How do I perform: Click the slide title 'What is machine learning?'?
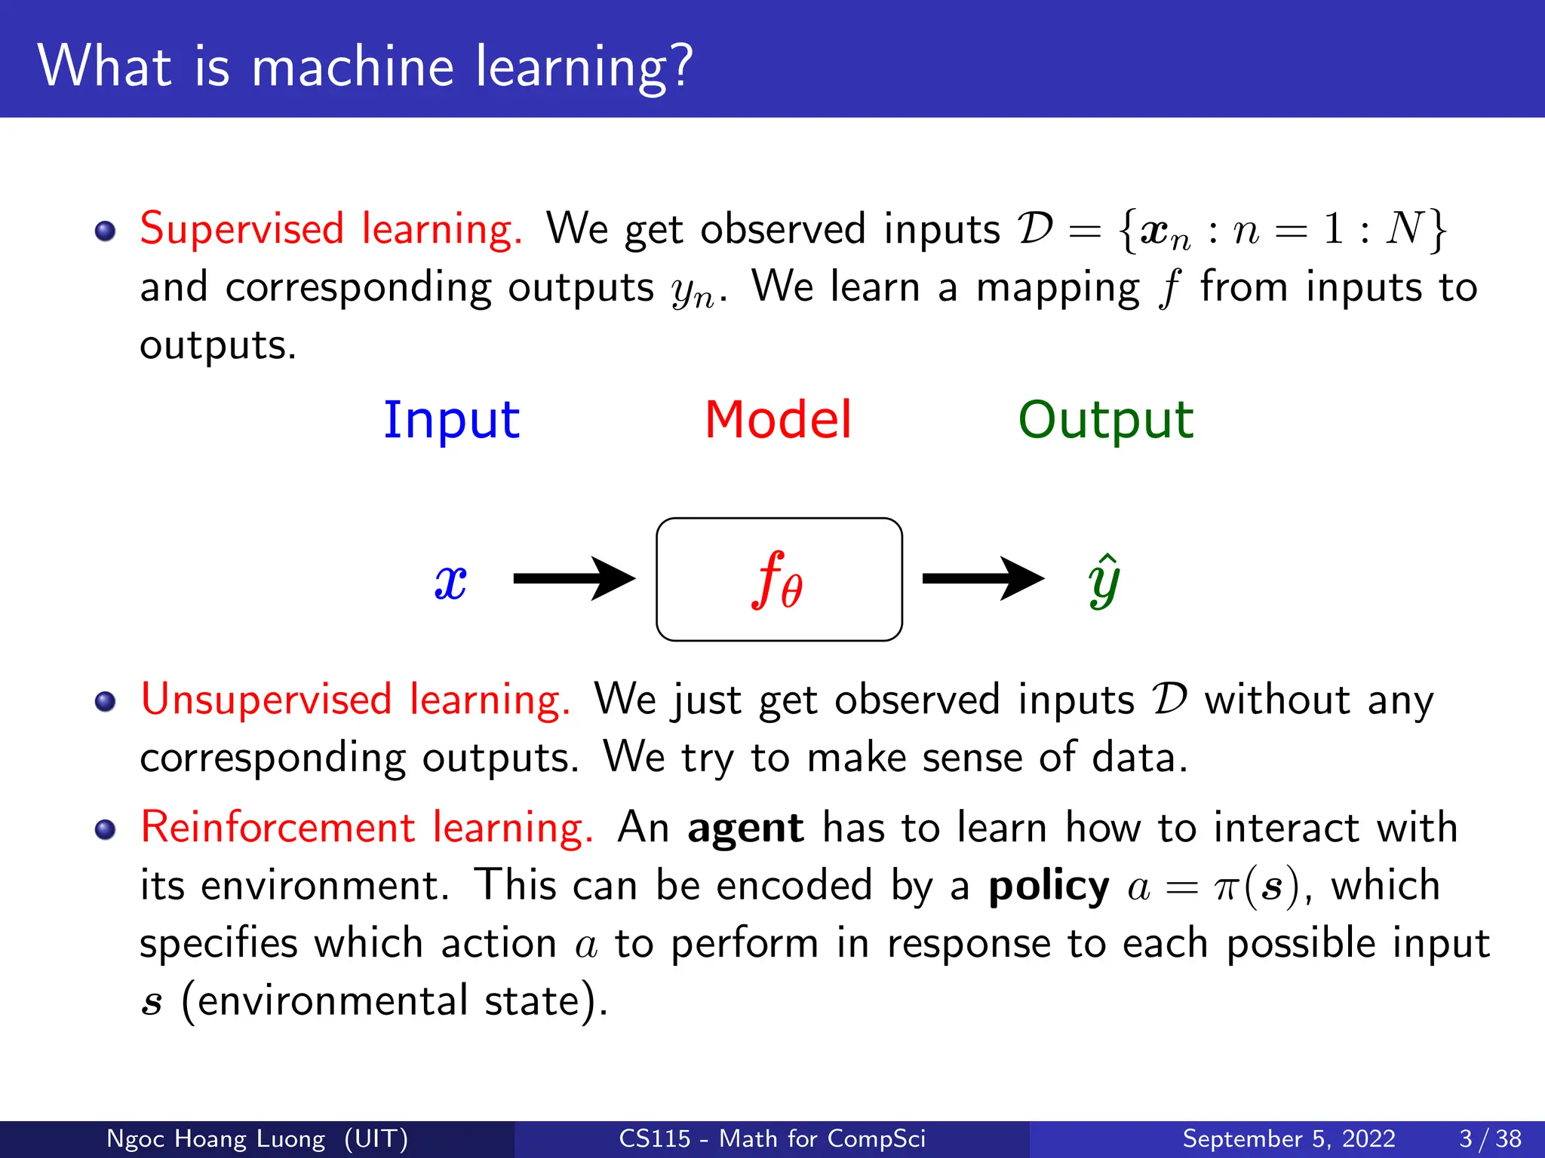click(x=364, y=66)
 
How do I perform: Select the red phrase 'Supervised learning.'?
click(x=330, y=228)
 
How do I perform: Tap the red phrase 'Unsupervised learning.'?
click(x=355, y=699)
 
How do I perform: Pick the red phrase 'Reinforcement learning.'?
click(x=367, y=827)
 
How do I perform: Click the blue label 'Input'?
click(x=451, y=420)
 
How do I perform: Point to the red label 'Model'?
click(x=778, y=420)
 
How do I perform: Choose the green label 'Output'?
click(x=1105, y=420)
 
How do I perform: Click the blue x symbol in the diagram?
click(x=450, y=582)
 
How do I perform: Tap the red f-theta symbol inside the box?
click(x=778, y=581)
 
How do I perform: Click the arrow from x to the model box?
click(x=573, y=579)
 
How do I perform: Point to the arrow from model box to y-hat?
click(x=982, y=579)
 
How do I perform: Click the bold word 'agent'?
click(x=745, y=828)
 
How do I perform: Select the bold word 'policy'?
click(x=1049, y=886)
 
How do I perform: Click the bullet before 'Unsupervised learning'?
click(x=106, y=702)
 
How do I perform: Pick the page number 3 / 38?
click(x=1490, y=1138)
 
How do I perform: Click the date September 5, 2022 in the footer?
click(x=1289, y=1138)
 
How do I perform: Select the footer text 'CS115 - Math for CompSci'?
click(x=772, y=1138)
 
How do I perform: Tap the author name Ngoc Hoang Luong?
click(x=216, y=1138)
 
